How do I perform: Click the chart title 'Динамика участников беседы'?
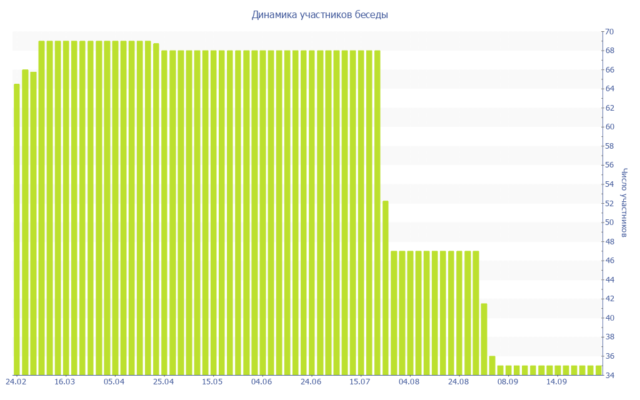319,15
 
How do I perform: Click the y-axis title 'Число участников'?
624,202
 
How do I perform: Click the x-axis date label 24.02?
16,382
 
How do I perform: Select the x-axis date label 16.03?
64,382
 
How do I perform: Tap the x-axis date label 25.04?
163,382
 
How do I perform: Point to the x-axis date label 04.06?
261,382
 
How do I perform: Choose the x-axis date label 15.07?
359,382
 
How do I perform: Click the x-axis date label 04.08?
409,382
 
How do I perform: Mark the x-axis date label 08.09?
507,382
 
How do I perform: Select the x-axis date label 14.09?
556,382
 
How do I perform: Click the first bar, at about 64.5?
17,229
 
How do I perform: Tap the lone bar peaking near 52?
385,287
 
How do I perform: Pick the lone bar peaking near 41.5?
484,339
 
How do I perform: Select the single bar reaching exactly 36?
492,365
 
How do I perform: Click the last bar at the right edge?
599,370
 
